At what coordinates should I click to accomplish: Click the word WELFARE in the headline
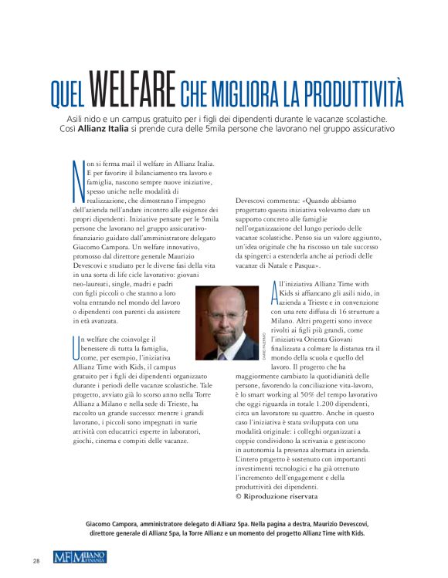click(131, 92)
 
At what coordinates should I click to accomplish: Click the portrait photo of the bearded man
click(228, 324)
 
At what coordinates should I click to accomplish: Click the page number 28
click(36, 559)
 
